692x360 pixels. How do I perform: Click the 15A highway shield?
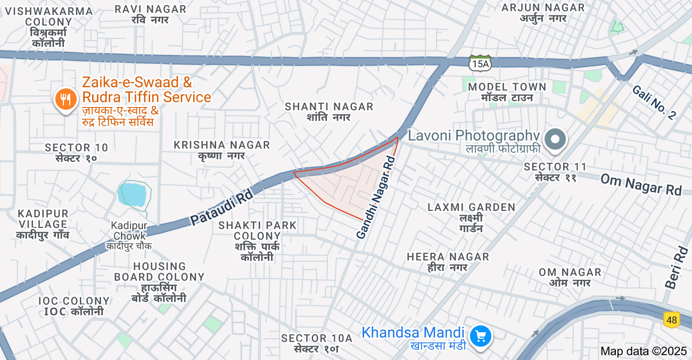[480, 63]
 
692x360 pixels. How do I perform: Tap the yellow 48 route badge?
[671, 320]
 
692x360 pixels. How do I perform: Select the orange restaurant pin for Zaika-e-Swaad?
[66, 100]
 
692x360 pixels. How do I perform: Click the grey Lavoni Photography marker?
[556, 140]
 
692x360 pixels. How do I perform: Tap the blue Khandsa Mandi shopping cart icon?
[481, 336]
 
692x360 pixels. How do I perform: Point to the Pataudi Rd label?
[221, 208]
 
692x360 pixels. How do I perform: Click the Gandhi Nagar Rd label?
[376, 197]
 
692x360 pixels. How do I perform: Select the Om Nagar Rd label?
[641, 184]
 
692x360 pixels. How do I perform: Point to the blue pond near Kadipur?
[133, 194]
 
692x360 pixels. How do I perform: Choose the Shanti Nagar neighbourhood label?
[329, 111]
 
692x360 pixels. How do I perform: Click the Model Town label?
[507, 92]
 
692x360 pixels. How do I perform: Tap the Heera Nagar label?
[448, 262]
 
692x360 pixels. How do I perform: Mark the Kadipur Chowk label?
[128, 235]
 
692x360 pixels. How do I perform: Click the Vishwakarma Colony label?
[48, 27]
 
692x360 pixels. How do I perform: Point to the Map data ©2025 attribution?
[644, 351]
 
